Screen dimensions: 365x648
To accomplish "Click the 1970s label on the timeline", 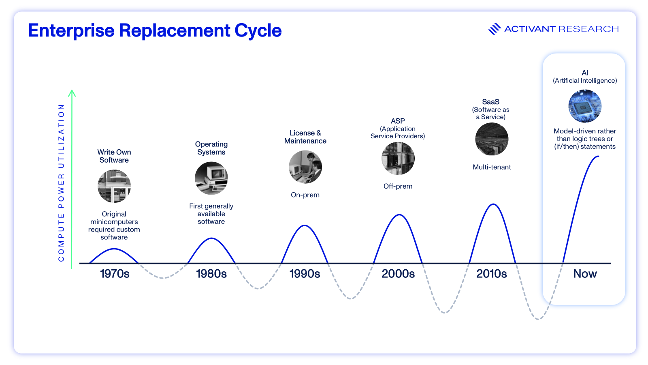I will point(115,274).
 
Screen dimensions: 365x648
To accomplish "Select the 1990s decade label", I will point(305,274).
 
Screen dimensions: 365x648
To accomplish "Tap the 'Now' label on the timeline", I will point(585,274).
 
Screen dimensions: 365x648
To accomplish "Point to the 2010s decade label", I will point(491,274).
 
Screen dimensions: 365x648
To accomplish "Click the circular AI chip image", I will point(585,106).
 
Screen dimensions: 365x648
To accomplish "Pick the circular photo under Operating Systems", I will point(211,178).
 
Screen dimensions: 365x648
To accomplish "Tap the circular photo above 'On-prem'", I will point(305,167).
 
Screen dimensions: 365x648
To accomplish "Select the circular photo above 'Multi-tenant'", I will point(492,139).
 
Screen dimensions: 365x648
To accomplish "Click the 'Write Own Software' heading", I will point(114,156).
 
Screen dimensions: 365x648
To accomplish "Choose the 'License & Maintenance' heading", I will point(305,137).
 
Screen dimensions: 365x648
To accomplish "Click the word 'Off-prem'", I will point(398,186).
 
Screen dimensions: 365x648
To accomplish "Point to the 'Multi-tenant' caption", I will point(492,167).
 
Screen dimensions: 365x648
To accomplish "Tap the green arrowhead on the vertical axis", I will point(72,93).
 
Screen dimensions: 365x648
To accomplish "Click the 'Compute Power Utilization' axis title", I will point(61,182).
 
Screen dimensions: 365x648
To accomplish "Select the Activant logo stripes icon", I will point(495,29).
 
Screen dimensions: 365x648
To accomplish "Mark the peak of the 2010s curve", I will point(493,204).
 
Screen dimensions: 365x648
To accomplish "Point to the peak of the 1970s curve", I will point(115,249).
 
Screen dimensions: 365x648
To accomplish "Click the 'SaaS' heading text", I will point(490,102).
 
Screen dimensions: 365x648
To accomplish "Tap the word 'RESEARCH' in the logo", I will point(588,29).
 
